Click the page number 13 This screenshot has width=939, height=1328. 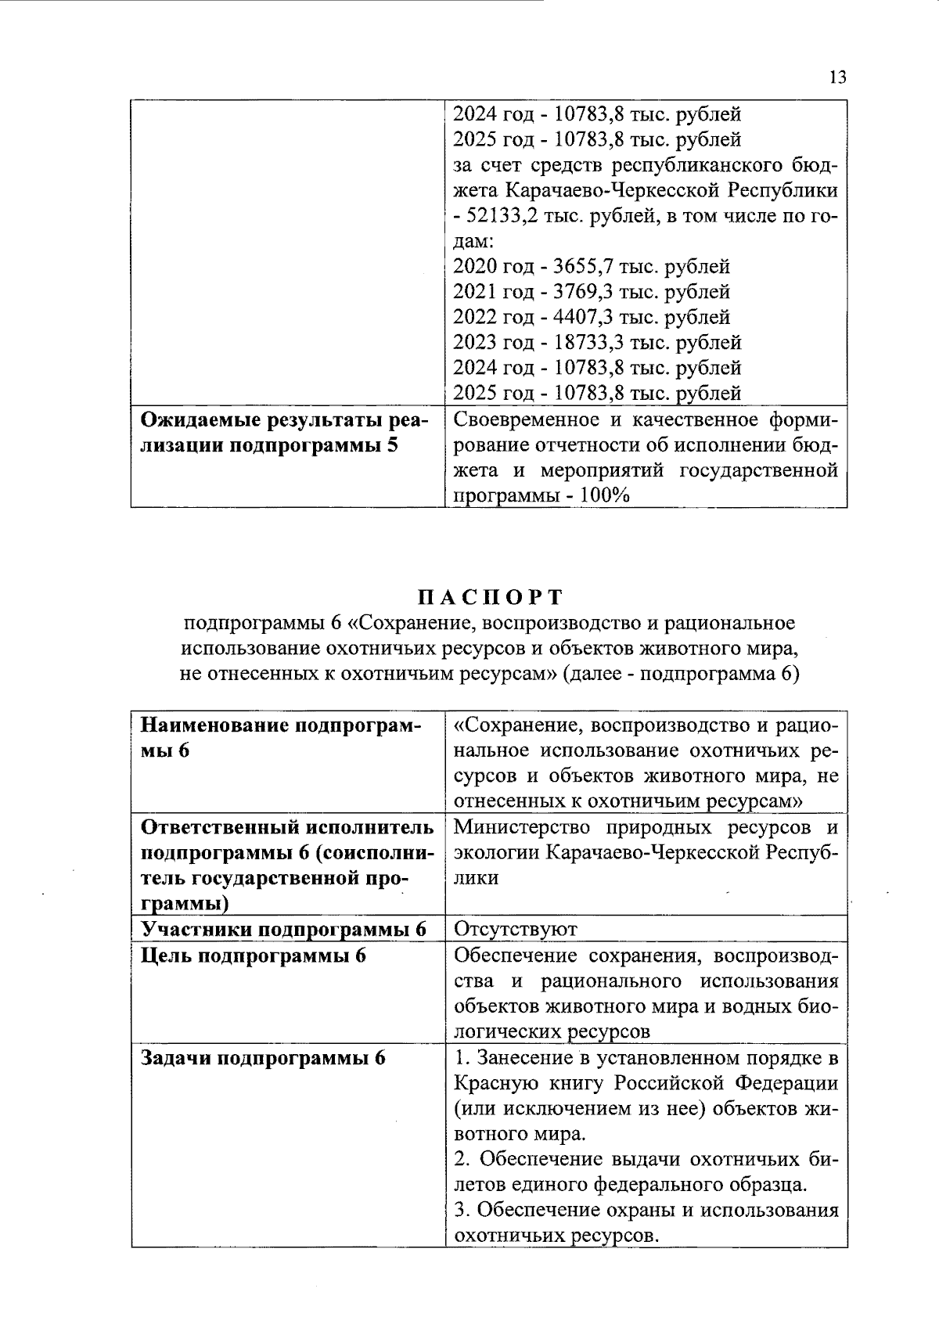(x=836, y=77)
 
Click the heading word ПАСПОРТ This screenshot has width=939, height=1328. (x=490, y=597)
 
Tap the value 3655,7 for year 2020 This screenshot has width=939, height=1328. (x=581, y=267)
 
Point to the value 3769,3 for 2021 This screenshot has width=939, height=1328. (x=581, y=292)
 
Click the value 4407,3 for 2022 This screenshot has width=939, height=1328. (x=581, y=317)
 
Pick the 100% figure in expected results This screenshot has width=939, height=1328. (x=606, y=495)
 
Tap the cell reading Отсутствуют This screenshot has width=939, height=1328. (x=515, y=929)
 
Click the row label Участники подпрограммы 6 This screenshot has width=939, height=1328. (x=283, y=929)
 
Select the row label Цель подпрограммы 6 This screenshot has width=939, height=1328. (x=254, y=956)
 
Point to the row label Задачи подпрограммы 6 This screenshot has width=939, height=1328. (x=263, y=1058)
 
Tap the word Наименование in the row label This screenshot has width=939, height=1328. (x=212, y=725)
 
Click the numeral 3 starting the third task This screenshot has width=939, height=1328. (x=460, y=1211)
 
